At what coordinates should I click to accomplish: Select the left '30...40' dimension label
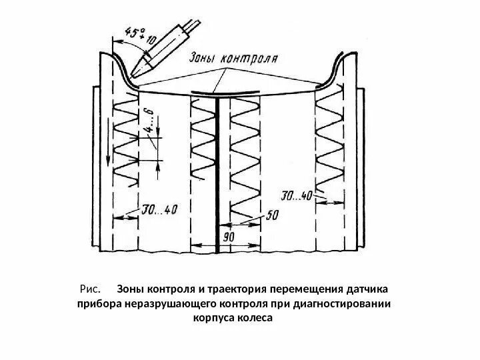coord(159,211)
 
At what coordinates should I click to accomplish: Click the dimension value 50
coord(272,215)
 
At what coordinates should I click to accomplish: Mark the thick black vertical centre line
coord(219,173)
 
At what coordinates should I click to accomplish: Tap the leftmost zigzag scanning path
coord(126,140)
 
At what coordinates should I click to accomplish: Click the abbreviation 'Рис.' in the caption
coord(89,290)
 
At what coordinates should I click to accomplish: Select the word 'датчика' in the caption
coord(366,290)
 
